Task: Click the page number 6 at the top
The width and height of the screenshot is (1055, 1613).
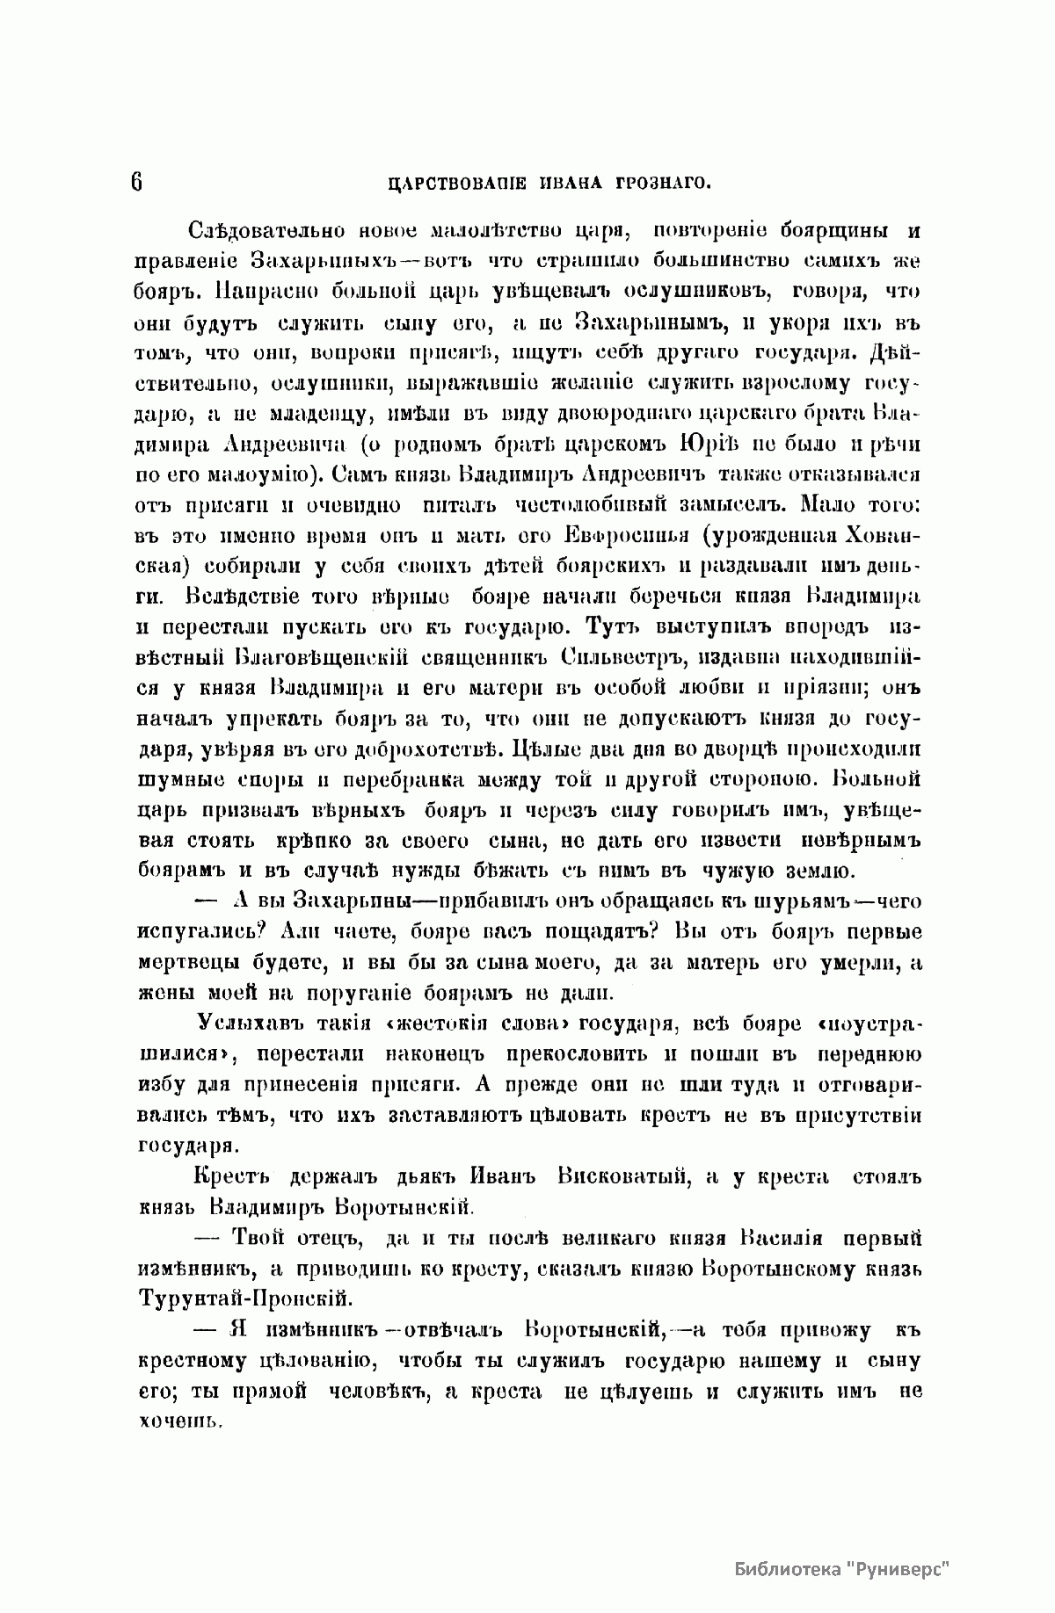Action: (137, 182)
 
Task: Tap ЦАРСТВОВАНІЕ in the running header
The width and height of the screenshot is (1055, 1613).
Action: (457, 184)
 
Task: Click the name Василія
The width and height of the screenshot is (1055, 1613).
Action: (780, 1239)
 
